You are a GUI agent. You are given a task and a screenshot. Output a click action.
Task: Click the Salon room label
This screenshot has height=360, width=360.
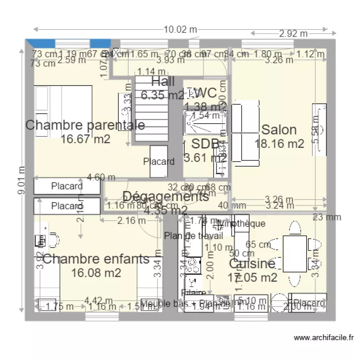coord(278,130)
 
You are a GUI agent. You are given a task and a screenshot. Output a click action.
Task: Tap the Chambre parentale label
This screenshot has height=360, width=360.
coord(85,125)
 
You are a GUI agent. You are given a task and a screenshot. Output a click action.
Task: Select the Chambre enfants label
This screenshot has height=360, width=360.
coord(96,259)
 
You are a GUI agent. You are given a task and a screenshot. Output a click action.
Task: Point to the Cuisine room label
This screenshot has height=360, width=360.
coord(252,264)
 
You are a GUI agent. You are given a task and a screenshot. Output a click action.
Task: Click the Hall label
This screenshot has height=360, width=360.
coord(163,81)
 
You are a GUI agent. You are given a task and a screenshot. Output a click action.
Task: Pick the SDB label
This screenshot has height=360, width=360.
coord(205,144)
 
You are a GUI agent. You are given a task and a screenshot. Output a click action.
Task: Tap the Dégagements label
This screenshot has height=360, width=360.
coord(166,196)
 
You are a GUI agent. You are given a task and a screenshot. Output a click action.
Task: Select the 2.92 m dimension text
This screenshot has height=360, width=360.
coord(293,34)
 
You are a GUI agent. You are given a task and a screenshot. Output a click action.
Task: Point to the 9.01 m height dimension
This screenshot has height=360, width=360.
coord(20,180)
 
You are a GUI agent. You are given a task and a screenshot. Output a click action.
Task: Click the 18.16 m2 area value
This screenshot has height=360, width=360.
coord(279,144)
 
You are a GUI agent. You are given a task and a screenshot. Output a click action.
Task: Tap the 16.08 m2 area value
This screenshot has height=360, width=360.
coord(96,273)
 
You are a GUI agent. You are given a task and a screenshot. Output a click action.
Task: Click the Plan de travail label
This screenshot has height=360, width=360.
coord(193,236)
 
